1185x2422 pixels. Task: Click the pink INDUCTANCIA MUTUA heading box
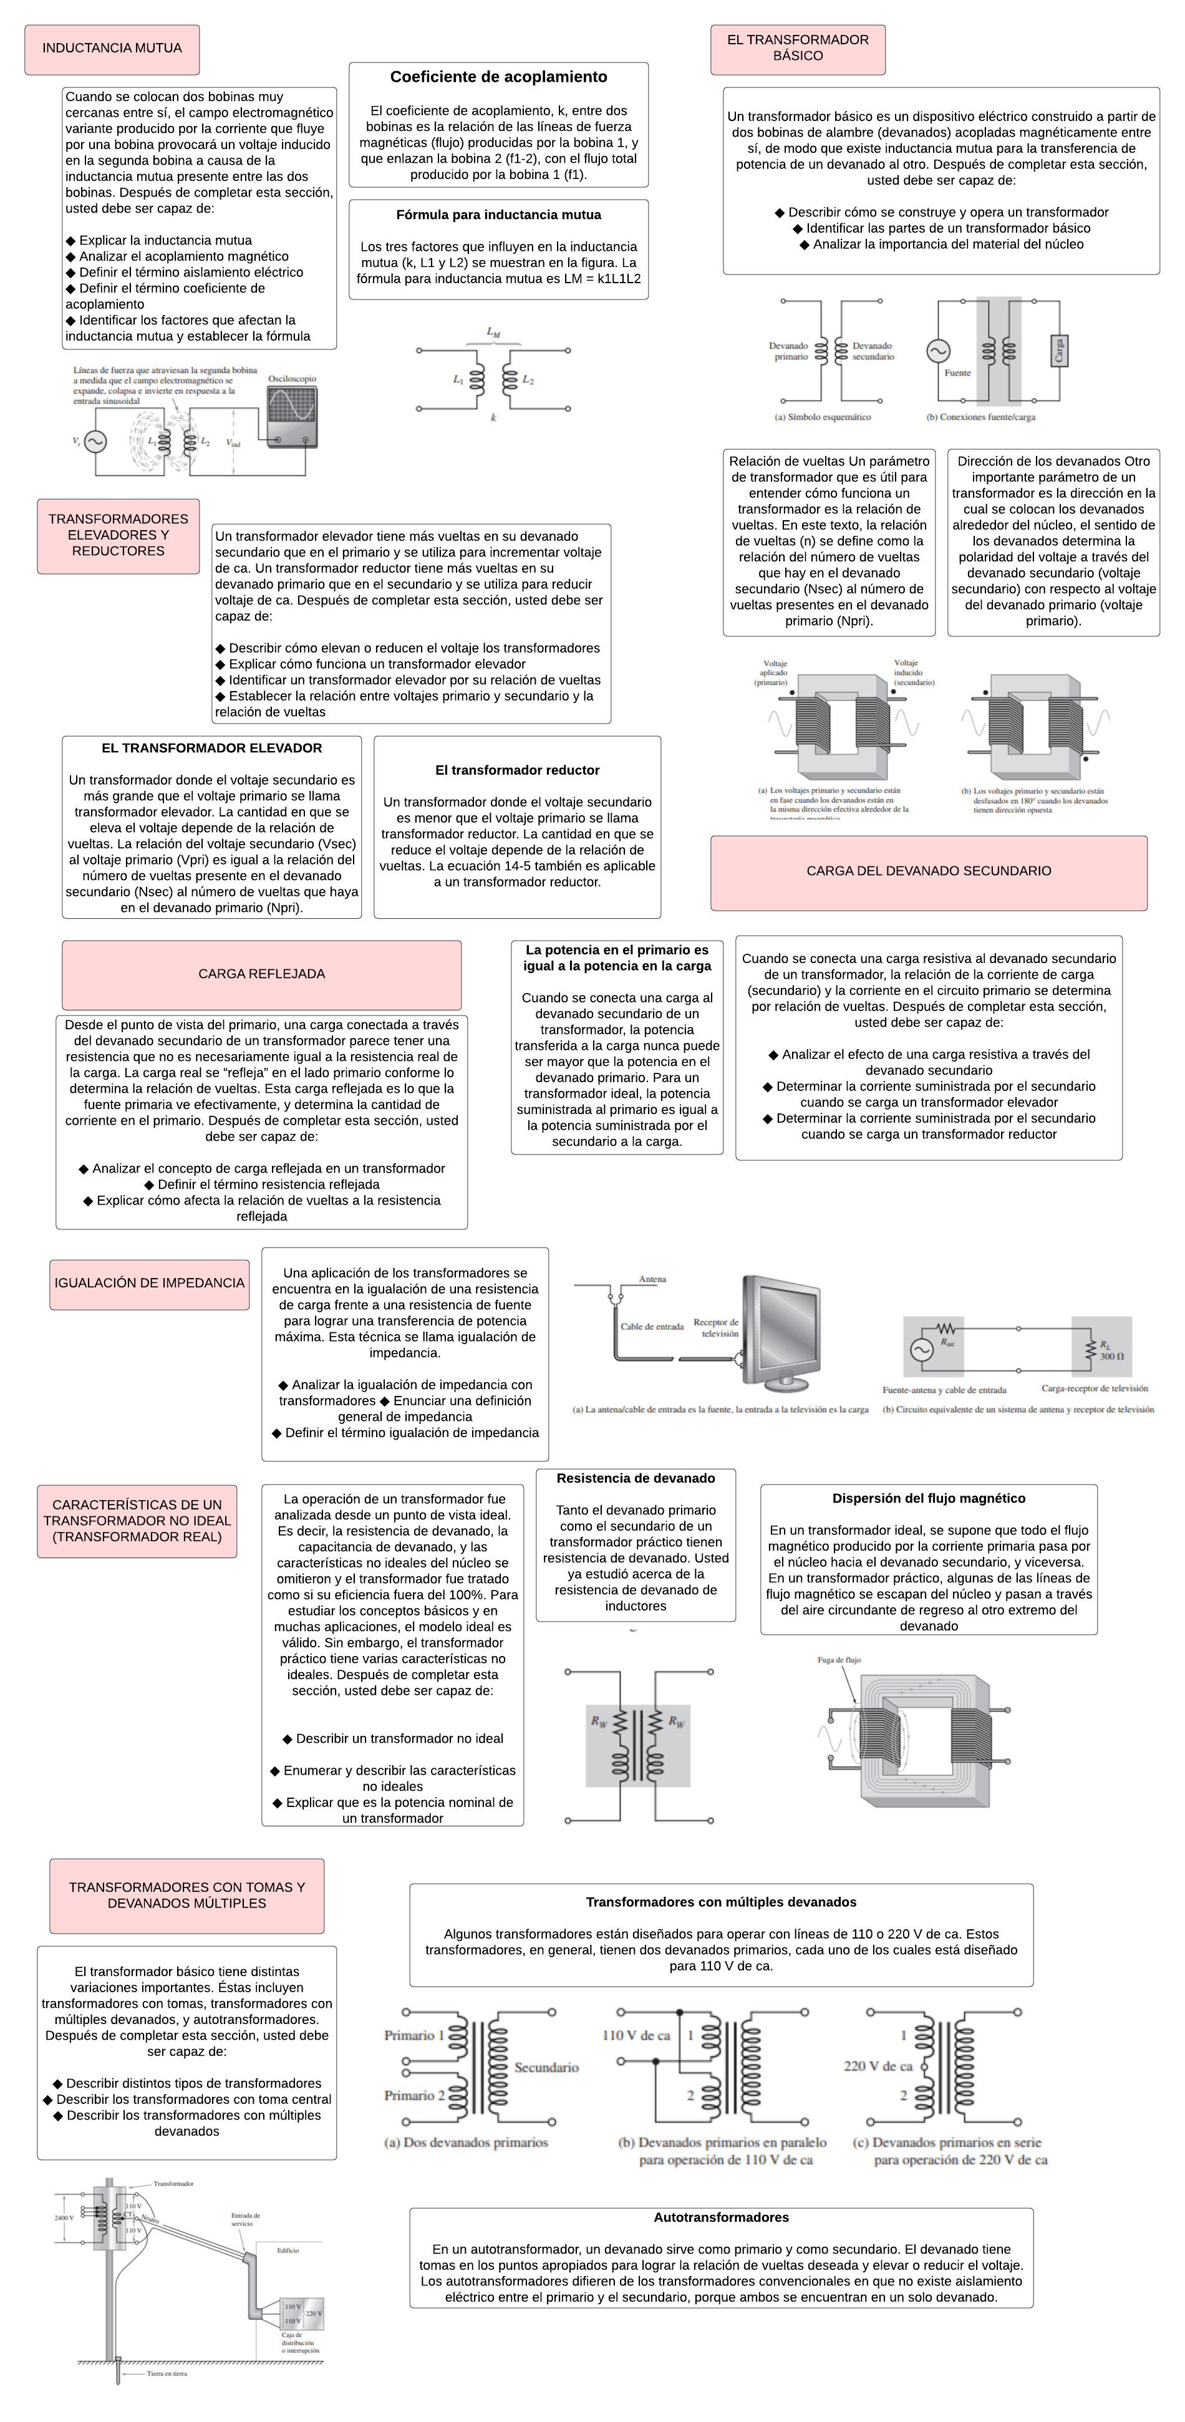[x=112, y=49]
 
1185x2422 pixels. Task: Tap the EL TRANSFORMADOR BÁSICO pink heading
[x=798, y=48]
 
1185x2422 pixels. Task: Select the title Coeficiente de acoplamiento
[x=498, y=77]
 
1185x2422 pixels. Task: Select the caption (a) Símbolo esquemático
[x=822, y=417]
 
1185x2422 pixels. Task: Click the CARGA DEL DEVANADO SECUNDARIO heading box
[x=928, y=871]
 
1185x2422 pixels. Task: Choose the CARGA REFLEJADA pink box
[x=261, y=974]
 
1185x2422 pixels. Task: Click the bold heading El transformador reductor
[x=517, y=770]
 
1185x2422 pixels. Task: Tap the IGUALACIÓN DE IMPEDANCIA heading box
[x=150, y=1284]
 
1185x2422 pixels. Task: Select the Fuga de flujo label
[x=839, y=1660]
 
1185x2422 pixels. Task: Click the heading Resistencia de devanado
[x=636, y=1479]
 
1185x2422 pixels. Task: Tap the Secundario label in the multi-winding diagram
[x=546, y=2068]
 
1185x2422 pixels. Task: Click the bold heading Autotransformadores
[x=722, y=2217]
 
